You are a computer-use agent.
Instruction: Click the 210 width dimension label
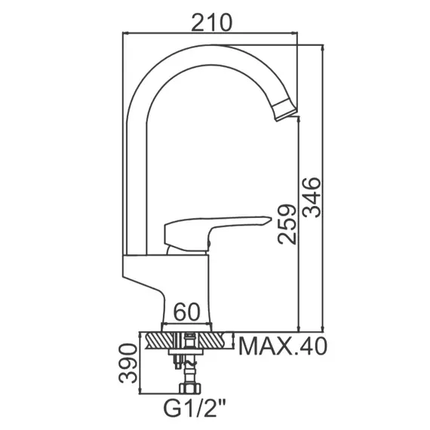tap(211, 22)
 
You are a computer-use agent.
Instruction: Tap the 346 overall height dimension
tap(312, 198)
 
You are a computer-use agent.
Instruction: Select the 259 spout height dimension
tap(287, 224)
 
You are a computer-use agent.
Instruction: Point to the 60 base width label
tap(187, 312)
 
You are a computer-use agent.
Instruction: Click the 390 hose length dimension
tap(127, 363)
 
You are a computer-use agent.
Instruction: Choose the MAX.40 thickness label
tap(283, 346)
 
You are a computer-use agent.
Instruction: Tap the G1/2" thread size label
tap(195, 408)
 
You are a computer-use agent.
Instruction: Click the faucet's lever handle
tap(217, 232)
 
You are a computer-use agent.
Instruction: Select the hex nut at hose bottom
tap(190, 388)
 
